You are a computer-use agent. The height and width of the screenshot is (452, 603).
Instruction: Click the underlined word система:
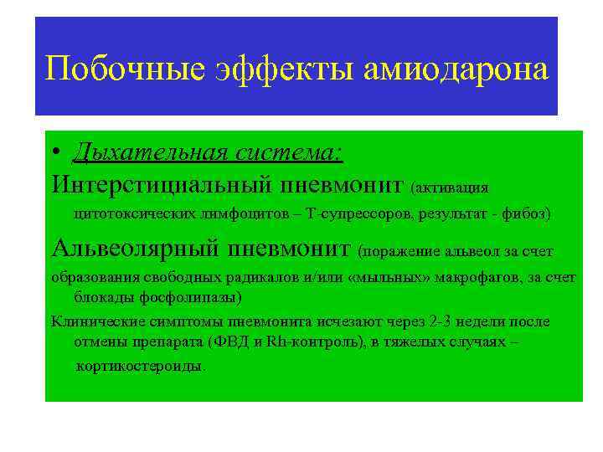(290, 153)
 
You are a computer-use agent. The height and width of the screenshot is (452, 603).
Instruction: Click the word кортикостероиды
(138, 367)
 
